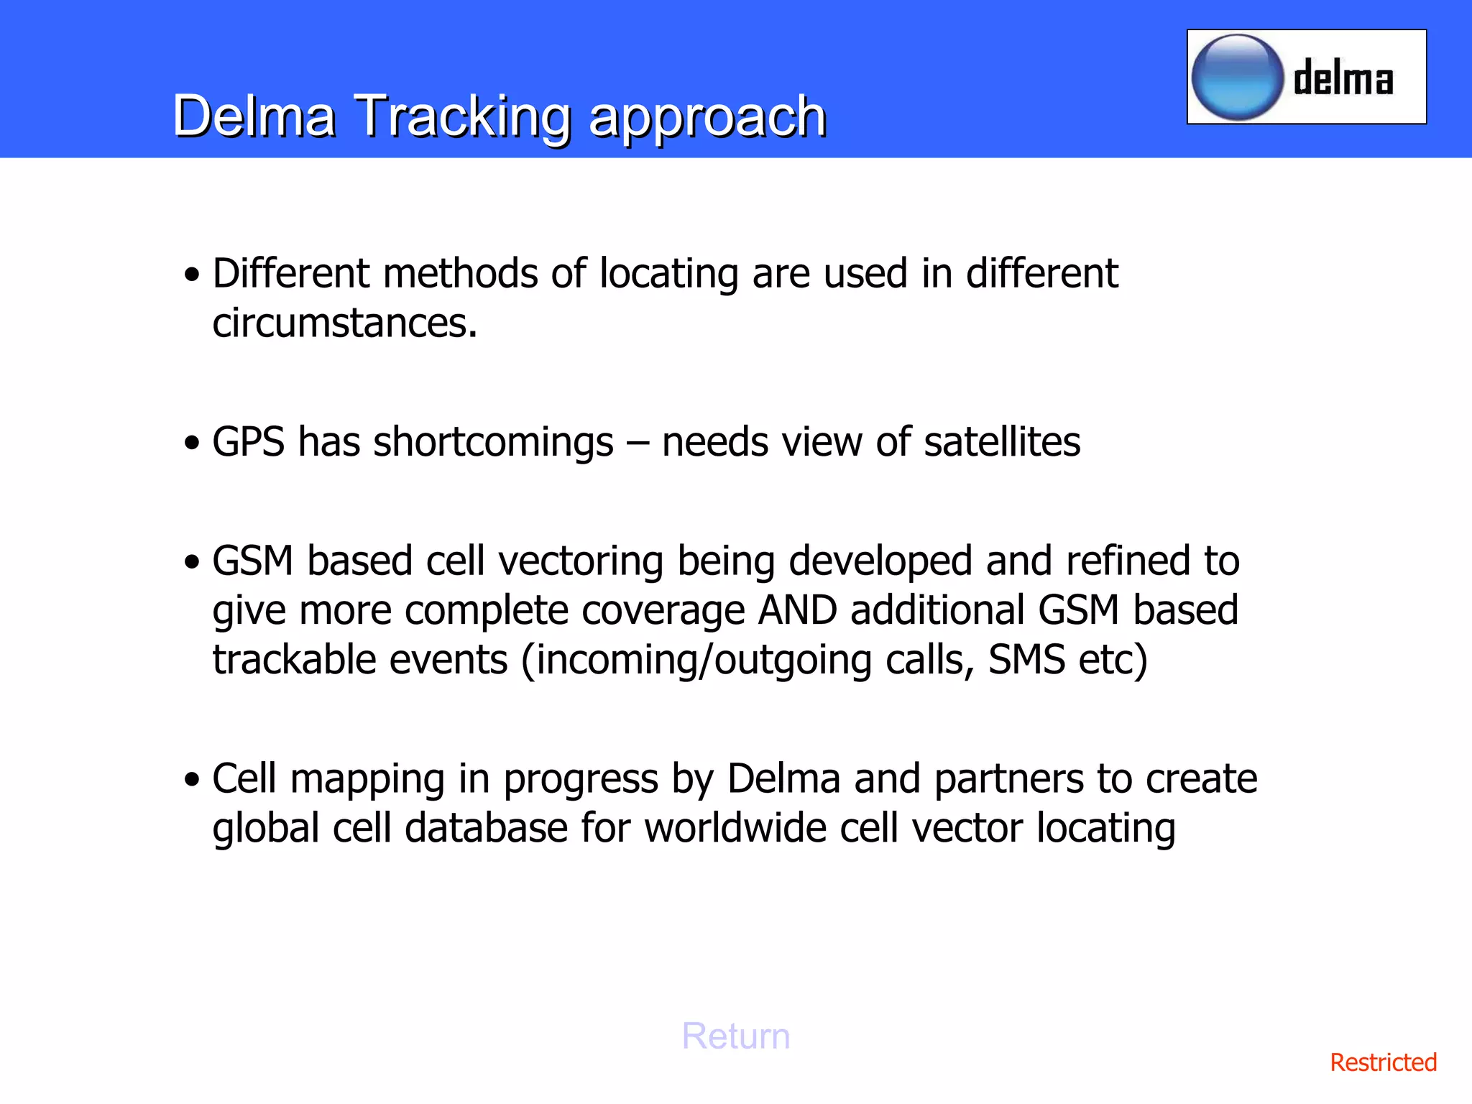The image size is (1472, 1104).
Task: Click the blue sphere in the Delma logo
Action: (1237, 77)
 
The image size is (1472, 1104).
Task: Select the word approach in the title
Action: (707, 117)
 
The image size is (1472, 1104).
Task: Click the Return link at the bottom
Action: (735, 1036)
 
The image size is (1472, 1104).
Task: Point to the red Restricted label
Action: (1383, 1062)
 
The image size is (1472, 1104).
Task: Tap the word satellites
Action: (1002, 441)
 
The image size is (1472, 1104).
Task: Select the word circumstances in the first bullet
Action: (345, 323)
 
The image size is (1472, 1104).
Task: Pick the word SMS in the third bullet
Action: (1026, 660)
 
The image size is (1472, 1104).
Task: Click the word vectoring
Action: (581, 561)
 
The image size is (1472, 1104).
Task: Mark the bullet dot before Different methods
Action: (191, 275)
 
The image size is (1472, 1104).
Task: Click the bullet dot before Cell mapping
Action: (191, 780)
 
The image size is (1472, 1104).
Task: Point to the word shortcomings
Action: (493, 443)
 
